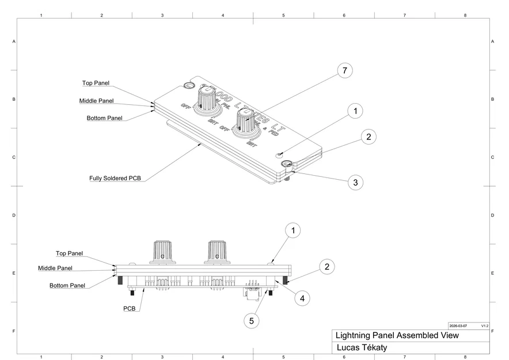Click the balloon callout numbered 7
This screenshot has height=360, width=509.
point(344,71)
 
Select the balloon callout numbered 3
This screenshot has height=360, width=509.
point(355,183)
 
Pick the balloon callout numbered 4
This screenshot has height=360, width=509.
point(302,298)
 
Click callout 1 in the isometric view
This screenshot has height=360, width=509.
point(355,111)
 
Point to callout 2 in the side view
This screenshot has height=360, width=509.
point(326,267)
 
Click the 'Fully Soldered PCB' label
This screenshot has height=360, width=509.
point(115,178)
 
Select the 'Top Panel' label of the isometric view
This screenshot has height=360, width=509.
point(96,84)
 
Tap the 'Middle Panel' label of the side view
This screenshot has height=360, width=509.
point(55,268)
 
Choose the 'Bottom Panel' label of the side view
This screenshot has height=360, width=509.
point(67,286)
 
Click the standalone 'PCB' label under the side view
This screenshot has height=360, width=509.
point(130,309)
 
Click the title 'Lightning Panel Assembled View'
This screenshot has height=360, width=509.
point(397,335)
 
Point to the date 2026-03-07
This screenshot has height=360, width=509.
point(458,325)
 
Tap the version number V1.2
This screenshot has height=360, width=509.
point(484,325)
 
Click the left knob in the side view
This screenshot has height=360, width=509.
point(162,252)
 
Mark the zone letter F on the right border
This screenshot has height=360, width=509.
point(492,331)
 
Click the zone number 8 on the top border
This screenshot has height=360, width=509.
point(465,15)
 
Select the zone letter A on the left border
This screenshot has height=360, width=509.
point(14,41)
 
